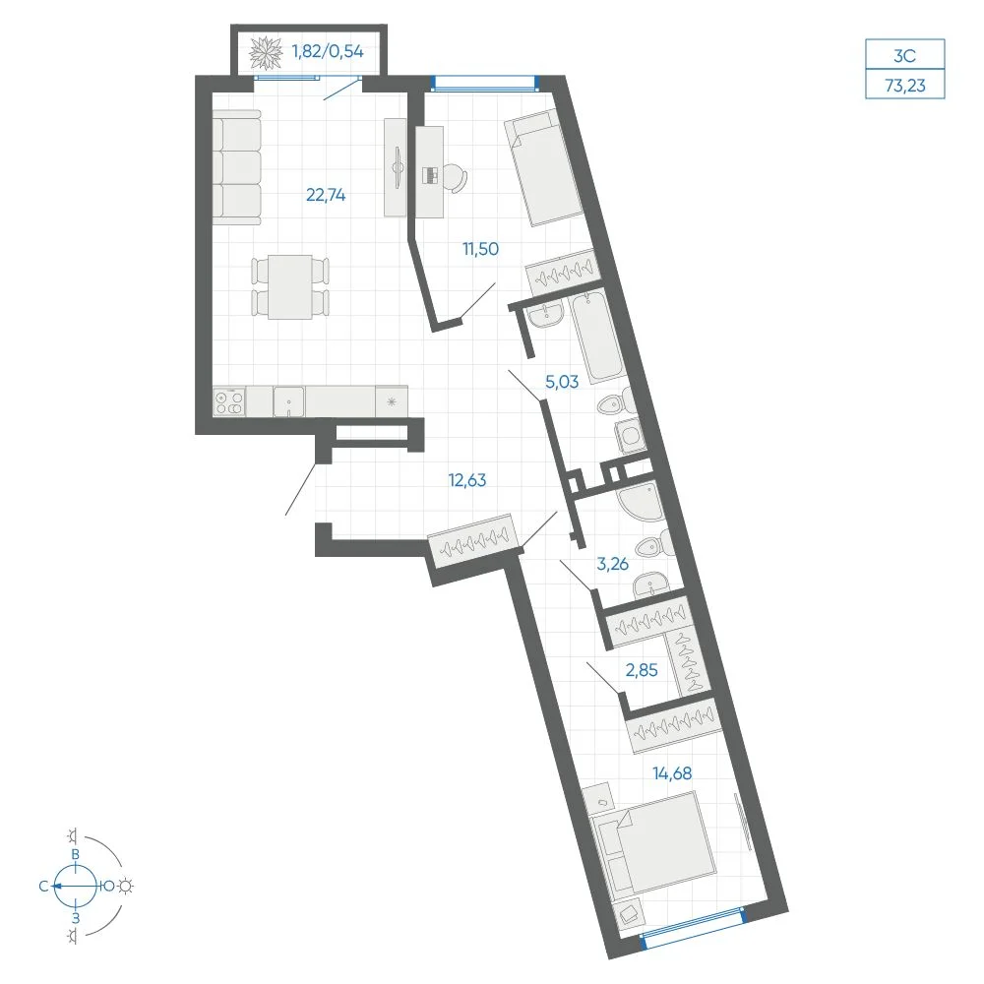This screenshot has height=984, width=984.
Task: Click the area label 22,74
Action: (x=326, y=195)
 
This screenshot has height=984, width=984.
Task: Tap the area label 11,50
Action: (x=481, y=249)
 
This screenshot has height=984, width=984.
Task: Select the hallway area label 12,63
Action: (x=466, y=480)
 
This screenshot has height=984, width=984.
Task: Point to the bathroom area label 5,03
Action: (x=562, y=382)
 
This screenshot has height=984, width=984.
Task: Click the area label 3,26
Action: (x=612, y=564)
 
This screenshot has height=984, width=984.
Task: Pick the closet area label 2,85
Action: (x=642, y=670)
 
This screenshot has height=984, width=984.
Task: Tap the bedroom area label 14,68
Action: (x=672, y=773)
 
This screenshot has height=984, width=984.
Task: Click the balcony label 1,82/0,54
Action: (x=328, y=51)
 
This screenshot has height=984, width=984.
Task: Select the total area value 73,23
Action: (x=905, y=86)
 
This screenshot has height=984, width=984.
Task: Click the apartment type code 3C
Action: (x=905, y=56)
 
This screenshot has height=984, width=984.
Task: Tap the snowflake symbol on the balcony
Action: (x=266, y=53)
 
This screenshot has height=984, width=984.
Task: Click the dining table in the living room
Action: (x=290, y=286)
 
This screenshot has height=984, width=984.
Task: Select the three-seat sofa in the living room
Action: (x=236, y=167)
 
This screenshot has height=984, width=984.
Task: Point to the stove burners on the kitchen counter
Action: (x=229, y=401)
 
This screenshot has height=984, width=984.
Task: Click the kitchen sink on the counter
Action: (x=288, y=401)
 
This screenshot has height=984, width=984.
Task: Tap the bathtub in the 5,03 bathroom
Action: (x=597, y=338)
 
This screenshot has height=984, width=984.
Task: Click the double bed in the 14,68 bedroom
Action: (x=654, y=842)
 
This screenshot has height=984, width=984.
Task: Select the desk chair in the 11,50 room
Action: (x=456, y=178)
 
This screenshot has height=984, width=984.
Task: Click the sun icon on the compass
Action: (x=126, y=887)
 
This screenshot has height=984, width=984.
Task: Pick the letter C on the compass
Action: (x=43, y=887)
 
